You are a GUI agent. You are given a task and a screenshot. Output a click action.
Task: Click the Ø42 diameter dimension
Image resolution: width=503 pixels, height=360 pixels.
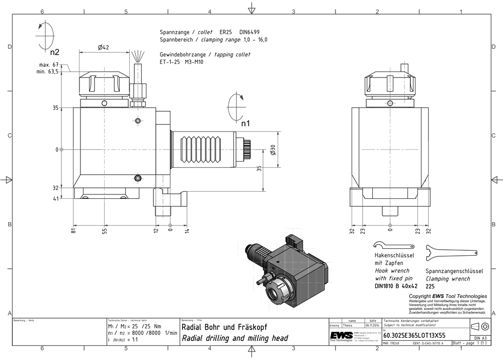point(104,47)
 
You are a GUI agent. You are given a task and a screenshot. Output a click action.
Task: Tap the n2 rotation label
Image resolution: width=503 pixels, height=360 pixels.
point(55,52)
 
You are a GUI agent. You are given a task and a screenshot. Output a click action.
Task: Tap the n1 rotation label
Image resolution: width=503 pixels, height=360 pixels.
point(245,122)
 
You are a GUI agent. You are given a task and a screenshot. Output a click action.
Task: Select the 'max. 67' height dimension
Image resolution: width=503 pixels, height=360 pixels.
point(49,65)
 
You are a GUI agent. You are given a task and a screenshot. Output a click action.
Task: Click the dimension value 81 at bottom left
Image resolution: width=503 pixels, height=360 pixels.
point(73,231)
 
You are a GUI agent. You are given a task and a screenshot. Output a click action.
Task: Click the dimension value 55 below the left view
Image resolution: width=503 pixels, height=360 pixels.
point(105,231)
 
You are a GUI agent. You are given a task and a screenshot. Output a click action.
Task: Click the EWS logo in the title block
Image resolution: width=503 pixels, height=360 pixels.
point(342,336)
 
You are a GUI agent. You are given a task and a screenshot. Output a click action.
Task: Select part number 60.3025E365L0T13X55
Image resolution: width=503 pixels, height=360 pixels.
point(414,334)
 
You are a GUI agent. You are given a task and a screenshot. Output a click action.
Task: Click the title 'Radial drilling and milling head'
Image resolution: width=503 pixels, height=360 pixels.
point(235,338)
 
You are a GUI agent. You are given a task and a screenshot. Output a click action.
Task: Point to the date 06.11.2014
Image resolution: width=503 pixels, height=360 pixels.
point(372,325)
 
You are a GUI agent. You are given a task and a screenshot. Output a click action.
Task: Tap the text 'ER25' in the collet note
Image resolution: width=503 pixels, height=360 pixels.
point(226,32)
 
